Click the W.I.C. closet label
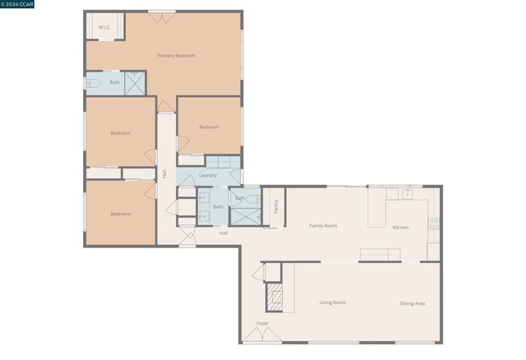pos(104,28)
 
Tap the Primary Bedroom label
pos(177,55)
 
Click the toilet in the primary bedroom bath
pos(93,83)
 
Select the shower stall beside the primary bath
pos(135,83)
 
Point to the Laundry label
pos(208,175)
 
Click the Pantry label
pos(276,206)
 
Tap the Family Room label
pos(323,225)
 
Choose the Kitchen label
pos(400,228)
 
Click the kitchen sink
pos(406,195)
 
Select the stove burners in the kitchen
pos(433,223)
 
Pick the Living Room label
pos(332,302)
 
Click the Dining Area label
pos(413,303)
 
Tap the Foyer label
pos(262,323)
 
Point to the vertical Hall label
pos(164,174)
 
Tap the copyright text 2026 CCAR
pos(18,4)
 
